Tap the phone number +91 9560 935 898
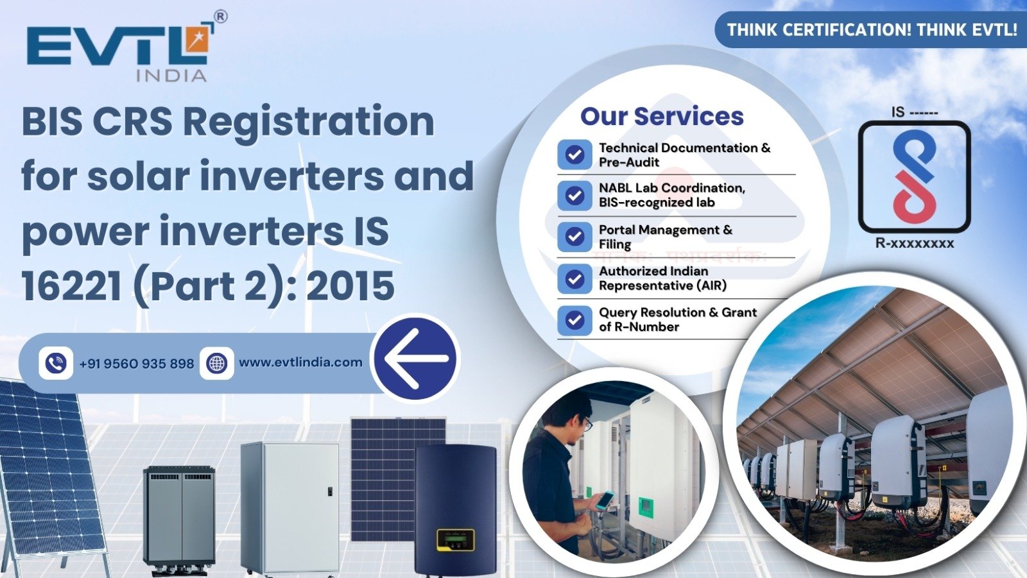136,364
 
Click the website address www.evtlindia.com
300,362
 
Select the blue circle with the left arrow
416,358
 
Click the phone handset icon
56,363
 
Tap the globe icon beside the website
217,363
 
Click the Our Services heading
662,116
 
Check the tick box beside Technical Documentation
574,155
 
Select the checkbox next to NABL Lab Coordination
574,195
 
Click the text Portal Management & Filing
665,237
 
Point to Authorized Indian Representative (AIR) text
662,278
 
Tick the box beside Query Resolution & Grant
574,319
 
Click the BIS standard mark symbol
914,176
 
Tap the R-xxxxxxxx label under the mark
914,243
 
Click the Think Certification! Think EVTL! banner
871,30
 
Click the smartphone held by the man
604,500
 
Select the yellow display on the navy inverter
455,538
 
